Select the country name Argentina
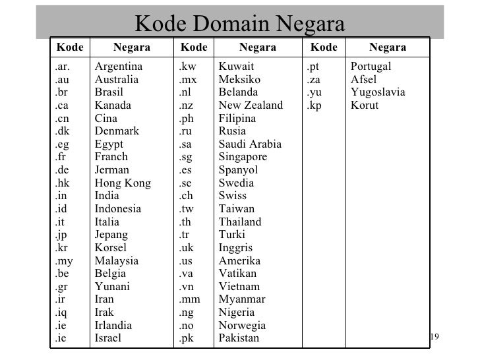119,67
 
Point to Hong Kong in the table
123,183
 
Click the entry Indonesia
118,209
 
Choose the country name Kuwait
235,67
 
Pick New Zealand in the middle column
251,105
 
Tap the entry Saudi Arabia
250,144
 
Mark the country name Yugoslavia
378,92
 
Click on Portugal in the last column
371,67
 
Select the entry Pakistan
239,338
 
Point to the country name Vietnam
239,287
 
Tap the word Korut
365,105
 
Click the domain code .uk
187,248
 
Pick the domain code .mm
189,299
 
